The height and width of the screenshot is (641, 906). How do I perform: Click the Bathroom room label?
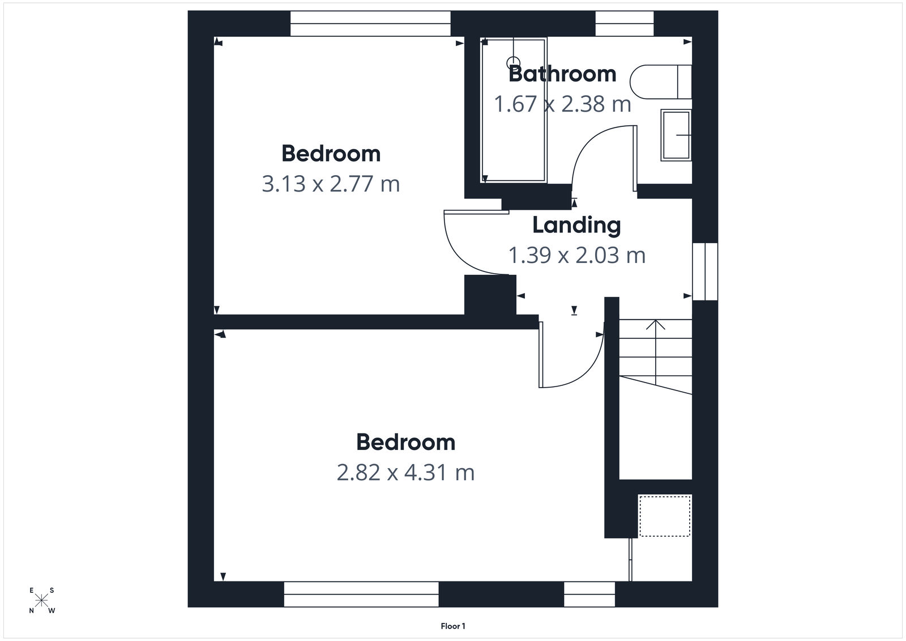tap(562, 74)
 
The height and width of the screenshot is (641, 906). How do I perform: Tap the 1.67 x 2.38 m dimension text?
tap(562, 104)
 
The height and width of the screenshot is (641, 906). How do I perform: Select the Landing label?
tap(576, 225)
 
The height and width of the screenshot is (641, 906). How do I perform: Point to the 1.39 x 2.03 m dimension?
tap(576, 256)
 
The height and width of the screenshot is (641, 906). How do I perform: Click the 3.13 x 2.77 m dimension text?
tap(331, 184)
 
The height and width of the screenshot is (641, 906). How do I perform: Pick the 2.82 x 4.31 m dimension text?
tap(405, 473)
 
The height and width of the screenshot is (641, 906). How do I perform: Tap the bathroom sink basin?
tap(676, 135)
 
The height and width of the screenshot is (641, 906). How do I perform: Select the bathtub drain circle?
tap(513, 63)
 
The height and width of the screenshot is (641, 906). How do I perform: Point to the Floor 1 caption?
tap(453, 626)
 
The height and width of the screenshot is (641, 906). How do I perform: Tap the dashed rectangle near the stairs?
tap(664, 516)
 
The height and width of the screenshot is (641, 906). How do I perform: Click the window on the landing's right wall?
tap(705, 271)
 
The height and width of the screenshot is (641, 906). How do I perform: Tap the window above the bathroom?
tap(624, 24)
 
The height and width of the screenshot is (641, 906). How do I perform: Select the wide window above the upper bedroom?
tap(370, 24)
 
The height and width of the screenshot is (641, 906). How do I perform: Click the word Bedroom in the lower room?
tap(405, 442)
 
